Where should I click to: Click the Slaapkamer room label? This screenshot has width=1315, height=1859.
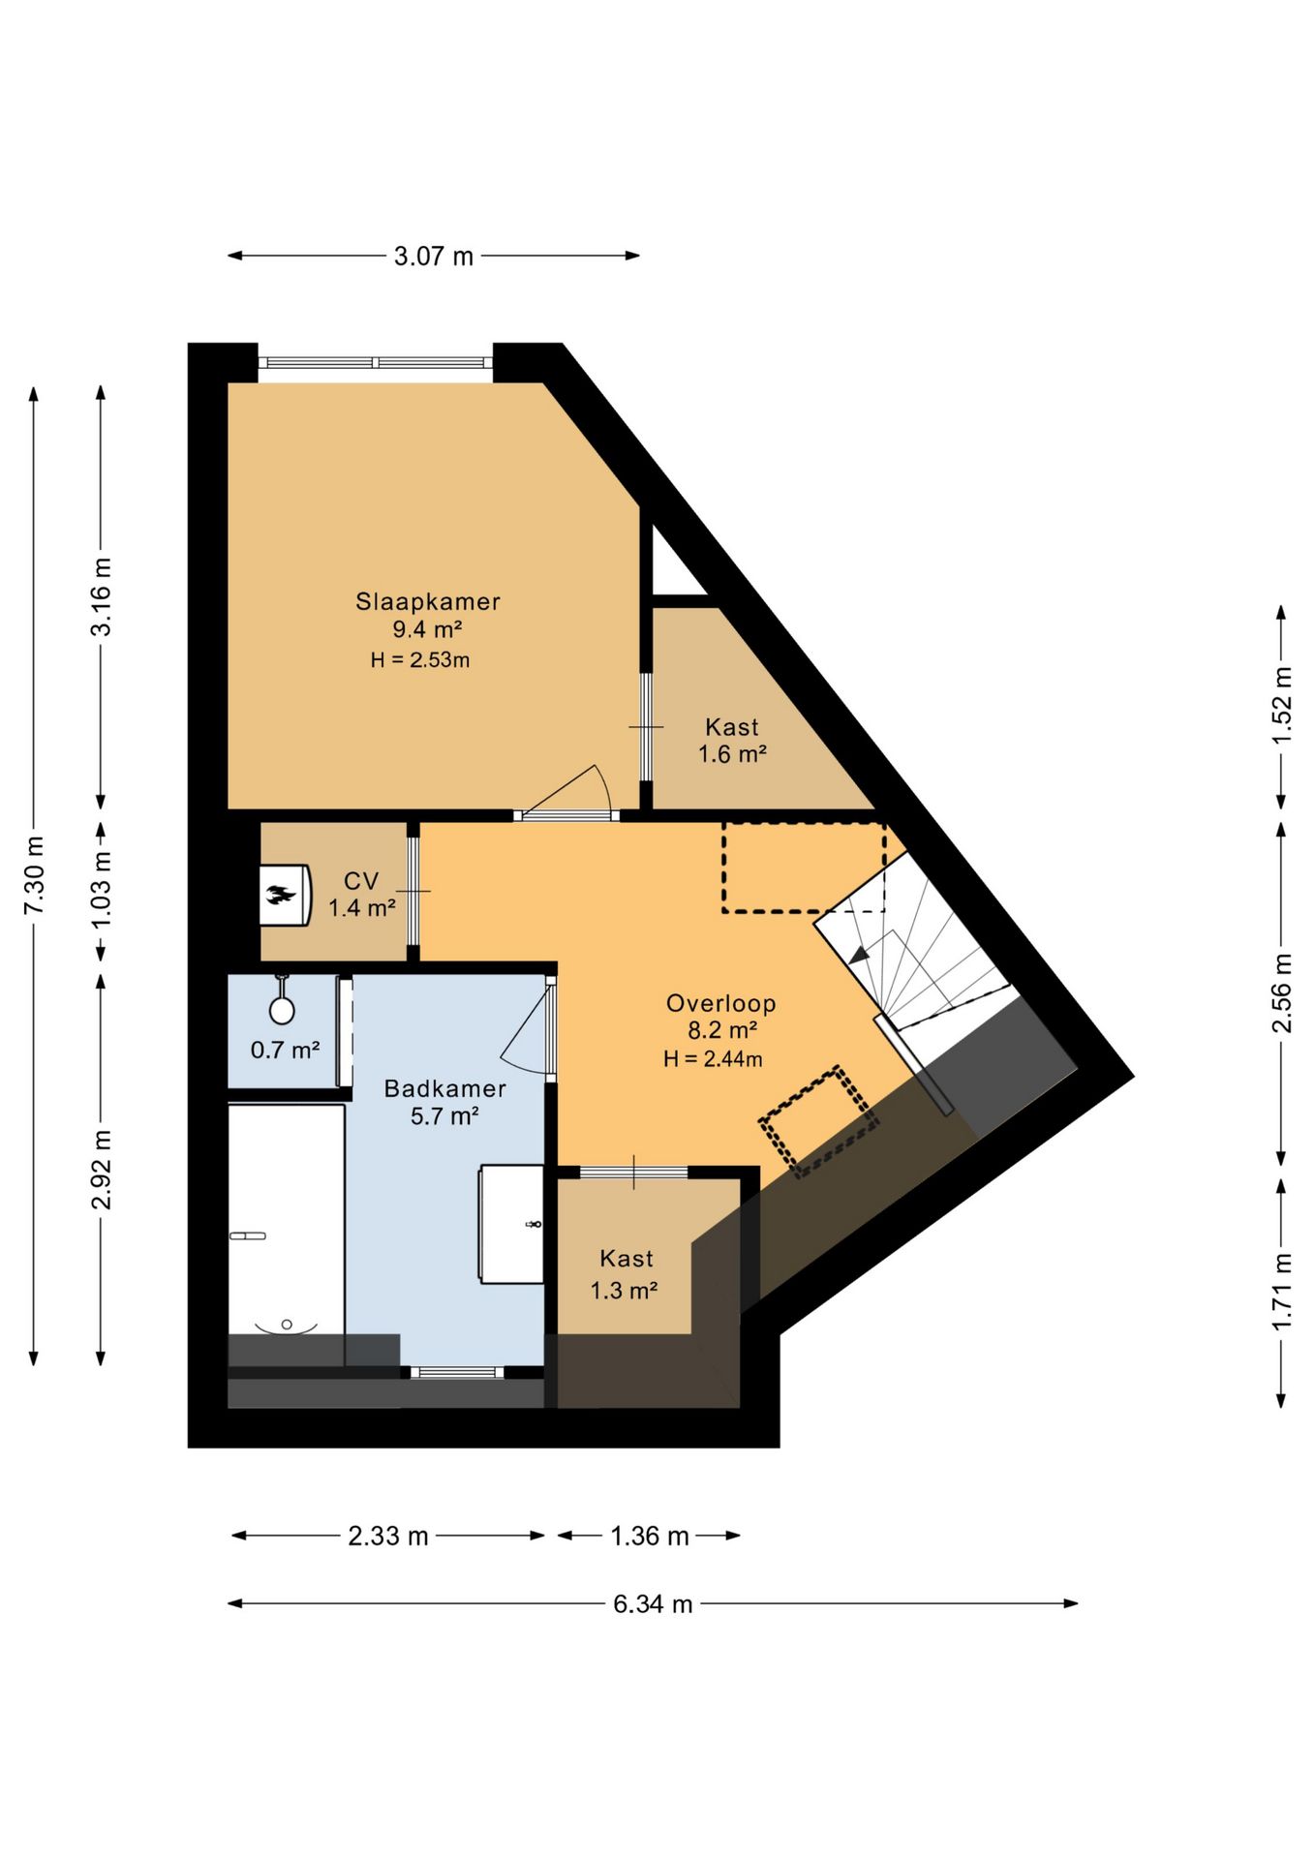click(x=427, y=601)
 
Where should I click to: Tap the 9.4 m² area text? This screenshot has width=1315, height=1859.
click(x=427, y=629)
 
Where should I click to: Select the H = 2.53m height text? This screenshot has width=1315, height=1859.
click(x=420, y=660)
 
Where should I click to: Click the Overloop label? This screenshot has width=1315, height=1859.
click(x=720, y=1003)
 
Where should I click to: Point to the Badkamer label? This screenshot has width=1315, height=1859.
click(x=444, y=1088)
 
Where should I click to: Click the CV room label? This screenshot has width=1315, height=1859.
click(x=361, y=881)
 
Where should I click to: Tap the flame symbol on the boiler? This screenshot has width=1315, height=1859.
click(x=281, y=895)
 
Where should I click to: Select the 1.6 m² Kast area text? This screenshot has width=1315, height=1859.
click(x=733, y=754)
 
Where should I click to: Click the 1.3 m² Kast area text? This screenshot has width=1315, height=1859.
click(x=625, y=1291)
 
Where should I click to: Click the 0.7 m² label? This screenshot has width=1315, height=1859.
click(x=285, y=1050)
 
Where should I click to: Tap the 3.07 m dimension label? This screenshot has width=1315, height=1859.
click(x=433, y=257)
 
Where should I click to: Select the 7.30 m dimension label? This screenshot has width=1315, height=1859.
click(x=35, y=875)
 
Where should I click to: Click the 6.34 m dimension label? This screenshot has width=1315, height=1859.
click(x=653, y=1604)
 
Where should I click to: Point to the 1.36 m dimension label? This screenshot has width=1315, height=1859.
click(x=649, y=1537)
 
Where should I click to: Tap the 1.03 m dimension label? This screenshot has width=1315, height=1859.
click(x=102, y=888)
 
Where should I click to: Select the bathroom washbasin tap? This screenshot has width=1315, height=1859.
click(x=533, y=1225)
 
